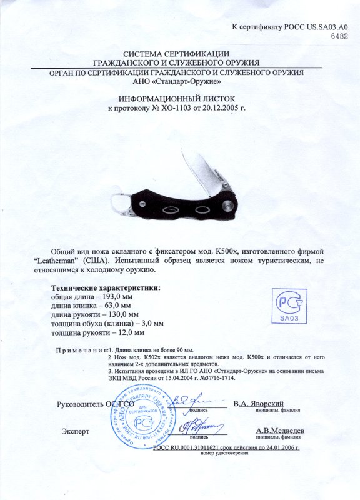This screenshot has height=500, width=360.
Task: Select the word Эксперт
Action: pos(75,431)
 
